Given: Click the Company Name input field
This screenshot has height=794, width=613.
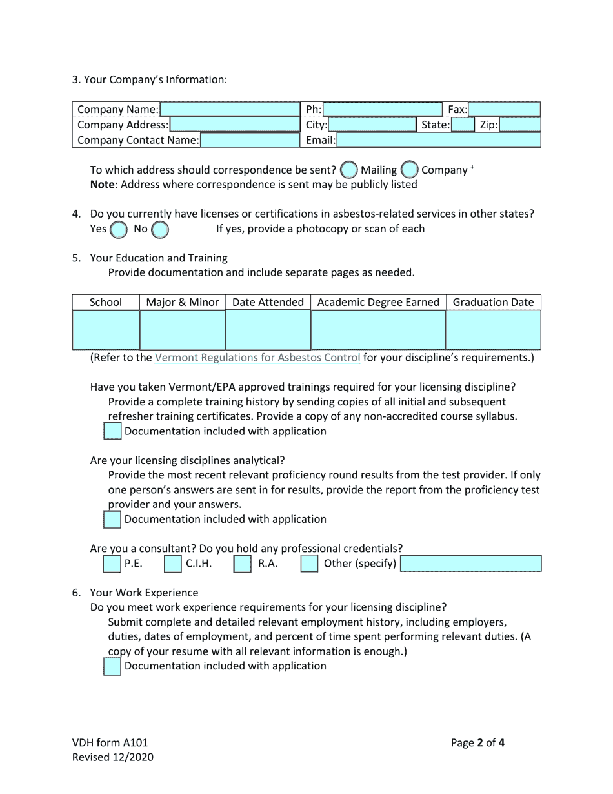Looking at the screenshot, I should point(230,109).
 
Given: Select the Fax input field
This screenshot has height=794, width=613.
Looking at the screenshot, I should point(504,109).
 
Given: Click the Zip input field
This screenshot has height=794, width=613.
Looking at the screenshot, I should point(519,125).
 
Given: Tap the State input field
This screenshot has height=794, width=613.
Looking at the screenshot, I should point(462,125).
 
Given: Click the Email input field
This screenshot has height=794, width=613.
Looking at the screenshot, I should point(438,140).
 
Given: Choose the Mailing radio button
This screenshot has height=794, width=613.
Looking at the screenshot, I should point(349,170).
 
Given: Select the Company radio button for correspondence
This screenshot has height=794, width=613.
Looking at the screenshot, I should point(410,170).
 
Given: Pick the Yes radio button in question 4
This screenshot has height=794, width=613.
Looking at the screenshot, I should point(118,229).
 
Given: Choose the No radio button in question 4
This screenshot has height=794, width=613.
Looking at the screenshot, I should point(160,229).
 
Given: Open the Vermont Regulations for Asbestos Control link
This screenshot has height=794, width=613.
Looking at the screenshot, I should point(257,358).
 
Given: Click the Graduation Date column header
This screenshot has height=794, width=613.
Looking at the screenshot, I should point(493,302).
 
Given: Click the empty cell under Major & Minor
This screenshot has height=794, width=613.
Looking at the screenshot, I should point(182,330).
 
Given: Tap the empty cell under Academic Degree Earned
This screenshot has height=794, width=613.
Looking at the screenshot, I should point(378,330).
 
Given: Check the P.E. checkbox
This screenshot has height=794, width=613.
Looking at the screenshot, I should point(112,564).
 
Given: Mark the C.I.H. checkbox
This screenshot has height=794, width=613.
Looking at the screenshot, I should point(172,564).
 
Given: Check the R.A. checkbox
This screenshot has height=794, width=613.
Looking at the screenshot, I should point(242,564).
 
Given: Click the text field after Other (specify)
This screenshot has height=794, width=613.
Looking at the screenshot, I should point(470,564).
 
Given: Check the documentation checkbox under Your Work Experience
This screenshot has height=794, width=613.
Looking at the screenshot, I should point(112,666).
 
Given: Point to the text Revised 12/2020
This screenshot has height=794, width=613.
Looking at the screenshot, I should point(113,757).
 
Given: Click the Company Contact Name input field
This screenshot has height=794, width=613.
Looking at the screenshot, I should point(250,140).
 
